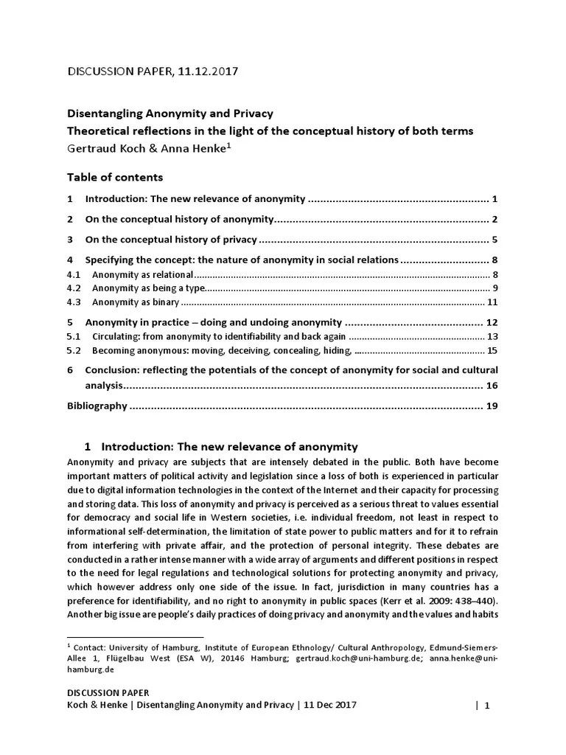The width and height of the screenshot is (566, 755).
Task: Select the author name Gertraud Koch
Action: (x=101, y=148)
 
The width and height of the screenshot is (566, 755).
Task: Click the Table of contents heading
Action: (x=115, y=177)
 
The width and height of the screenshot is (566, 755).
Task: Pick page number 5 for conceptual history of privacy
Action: (x=495, y=240)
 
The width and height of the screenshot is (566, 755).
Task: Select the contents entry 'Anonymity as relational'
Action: (x=142, y=274)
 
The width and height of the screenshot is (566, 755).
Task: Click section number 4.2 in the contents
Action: (x=73, y=288)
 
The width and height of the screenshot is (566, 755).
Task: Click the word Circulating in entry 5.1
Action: (x=116, y=336)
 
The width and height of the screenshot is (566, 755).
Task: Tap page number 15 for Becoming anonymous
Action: (x=493, y=350)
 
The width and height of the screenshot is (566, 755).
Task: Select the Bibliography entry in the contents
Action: (x=97, y=406)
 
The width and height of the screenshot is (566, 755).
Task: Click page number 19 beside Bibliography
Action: (x=492, y=406)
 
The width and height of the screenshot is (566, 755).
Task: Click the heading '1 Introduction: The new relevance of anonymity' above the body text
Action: (x=221, y=446)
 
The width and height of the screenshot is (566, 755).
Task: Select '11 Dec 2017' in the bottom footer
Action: (x=329, y=705)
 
